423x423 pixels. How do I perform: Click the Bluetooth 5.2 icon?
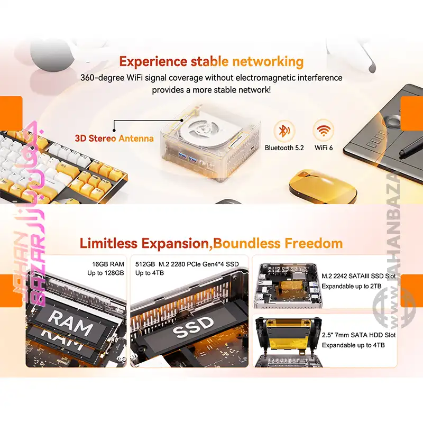(283, 131)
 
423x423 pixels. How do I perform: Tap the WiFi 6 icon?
(323, 130)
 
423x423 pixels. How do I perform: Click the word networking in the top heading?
(268, 62)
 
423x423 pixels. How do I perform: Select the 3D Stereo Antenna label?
(114, 139)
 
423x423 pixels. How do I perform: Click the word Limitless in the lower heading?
(108, 243)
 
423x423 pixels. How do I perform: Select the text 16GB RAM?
(108, 264)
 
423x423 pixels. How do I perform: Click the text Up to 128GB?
(105, 273)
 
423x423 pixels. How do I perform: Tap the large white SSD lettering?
(192, 327)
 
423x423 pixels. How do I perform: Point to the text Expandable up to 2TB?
(352, 286)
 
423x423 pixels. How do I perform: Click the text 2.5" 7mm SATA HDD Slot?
(358, 335)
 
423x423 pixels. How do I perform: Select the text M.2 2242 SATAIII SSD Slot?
(358, 276)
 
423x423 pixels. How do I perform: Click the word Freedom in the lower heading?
(314, 243)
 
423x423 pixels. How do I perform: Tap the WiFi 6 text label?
(324, 148)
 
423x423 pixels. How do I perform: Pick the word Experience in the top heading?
(153, 62)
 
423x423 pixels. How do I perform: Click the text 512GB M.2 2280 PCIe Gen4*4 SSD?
(187, 264)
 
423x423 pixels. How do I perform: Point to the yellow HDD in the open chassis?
(288, 335)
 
